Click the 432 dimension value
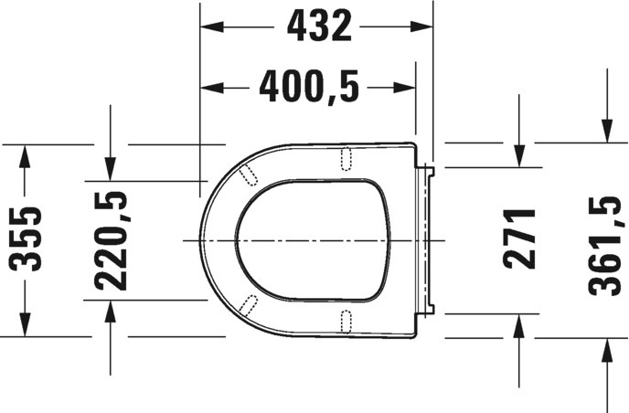319,26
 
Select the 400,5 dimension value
309,87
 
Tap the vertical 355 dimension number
26,239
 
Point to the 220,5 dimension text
111,240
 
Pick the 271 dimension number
519,239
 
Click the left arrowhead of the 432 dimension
211,26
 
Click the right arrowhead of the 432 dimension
421,26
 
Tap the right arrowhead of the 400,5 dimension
404,88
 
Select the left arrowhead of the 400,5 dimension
211,88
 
